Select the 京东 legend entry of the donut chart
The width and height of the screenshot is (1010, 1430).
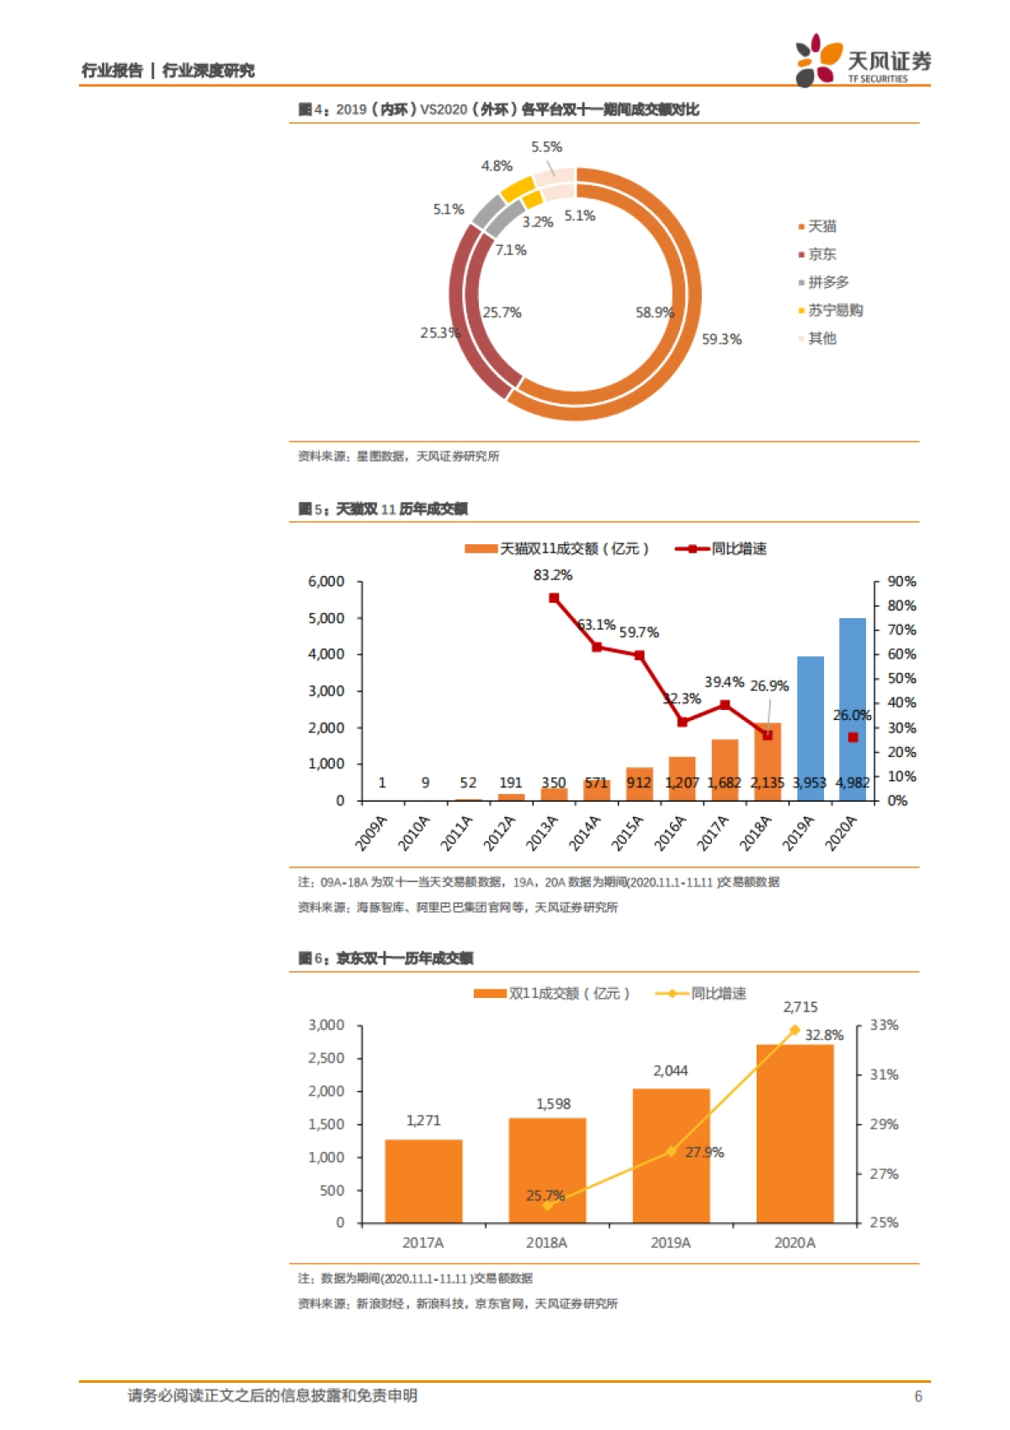pos(817,254)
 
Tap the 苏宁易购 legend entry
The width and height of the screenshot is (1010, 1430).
pos(831,311)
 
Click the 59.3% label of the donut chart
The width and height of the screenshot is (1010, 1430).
pos(721,339)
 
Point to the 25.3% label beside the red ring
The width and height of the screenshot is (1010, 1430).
pos(439,333)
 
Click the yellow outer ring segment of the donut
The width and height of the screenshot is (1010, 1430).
pos(516,189)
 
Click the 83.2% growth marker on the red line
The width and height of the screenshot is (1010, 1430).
pos(554,598)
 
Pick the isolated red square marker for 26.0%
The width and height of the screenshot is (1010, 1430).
pos(853,737)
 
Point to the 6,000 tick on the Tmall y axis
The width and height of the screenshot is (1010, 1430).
pos(327,582)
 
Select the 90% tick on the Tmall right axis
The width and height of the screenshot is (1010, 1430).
pos(901,582)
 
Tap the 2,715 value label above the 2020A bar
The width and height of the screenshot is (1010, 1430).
pos(800,1007)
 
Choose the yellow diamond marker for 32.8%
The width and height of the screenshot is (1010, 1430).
pos(795,1030)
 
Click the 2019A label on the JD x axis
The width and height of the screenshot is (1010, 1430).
pos(671,1242)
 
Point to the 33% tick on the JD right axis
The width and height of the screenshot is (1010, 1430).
pos(884,1025)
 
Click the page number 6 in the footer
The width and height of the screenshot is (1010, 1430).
pos(918,1396)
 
